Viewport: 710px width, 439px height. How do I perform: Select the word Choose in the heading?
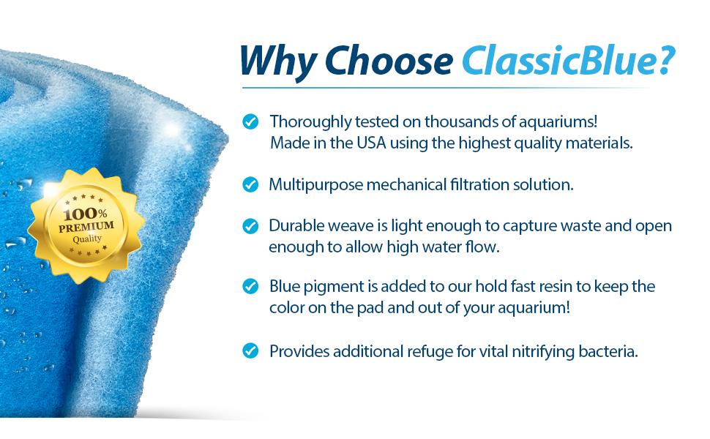pyautogui.click(x=389, y=61)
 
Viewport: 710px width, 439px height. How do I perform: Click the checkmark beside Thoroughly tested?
pyautogui.click(x=250, y=121)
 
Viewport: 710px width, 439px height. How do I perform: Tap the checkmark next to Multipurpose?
pyautogui.click(x=250, y=184)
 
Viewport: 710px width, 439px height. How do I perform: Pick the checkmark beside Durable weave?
pyautogui.click(x=250, y=226)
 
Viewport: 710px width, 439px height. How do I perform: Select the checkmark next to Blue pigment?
pyautogui.click(x=250, y=287)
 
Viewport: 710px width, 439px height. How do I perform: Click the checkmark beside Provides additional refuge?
pyautogui.click(x=250, y=351)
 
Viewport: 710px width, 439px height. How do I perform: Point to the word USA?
pyautogui.click(x=371, y=143)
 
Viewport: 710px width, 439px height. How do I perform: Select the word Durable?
pyautogui.click(x=296, y=226)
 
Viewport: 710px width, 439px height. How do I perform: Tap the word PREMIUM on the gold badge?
pyautogui.click(x=86, y=227)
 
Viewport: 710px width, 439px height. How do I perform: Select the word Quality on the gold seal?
pyautogui.click(x=87, y=239)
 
